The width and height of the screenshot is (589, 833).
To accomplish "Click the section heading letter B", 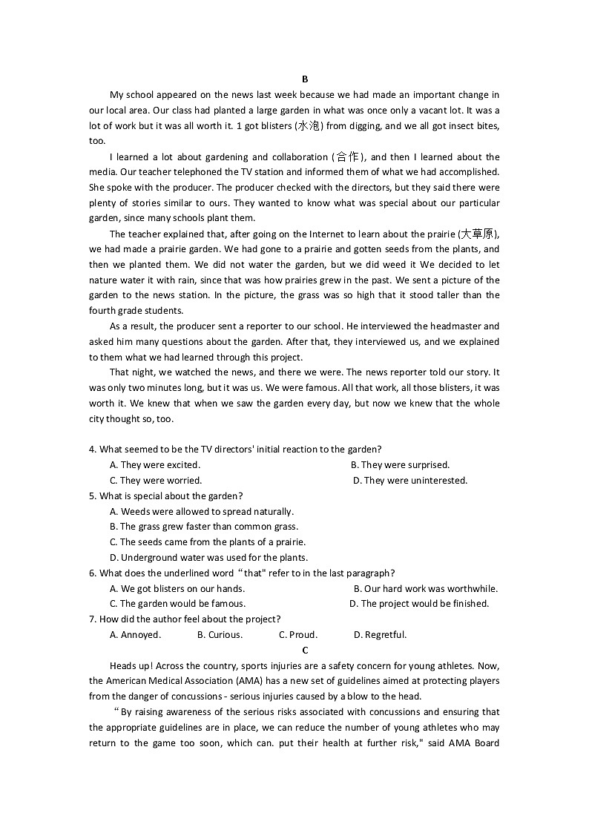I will [x=305, y=79].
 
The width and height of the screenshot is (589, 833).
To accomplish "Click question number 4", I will [x=92, y=450].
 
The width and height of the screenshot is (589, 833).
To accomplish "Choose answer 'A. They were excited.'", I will [x=155, y=465].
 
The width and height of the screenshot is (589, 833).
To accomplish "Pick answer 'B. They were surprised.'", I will [x=400, y=465].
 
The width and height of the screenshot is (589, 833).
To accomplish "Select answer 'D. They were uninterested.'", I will [x=410, y=481].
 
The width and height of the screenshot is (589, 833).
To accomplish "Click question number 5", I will [x=92, y=496].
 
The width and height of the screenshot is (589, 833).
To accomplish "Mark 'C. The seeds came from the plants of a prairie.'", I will [x=208, y=542].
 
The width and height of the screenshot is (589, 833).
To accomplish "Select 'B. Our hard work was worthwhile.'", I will [x=426, y=589].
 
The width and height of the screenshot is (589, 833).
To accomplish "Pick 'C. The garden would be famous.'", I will [x=177, y=604].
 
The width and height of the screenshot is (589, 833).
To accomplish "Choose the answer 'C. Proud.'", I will [x=298, y=635].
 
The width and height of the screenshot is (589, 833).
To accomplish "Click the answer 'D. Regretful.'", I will [x=380, y=635].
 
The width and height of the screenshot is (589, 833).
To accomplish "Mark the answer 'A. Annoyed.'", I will [x=135, y=635].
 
